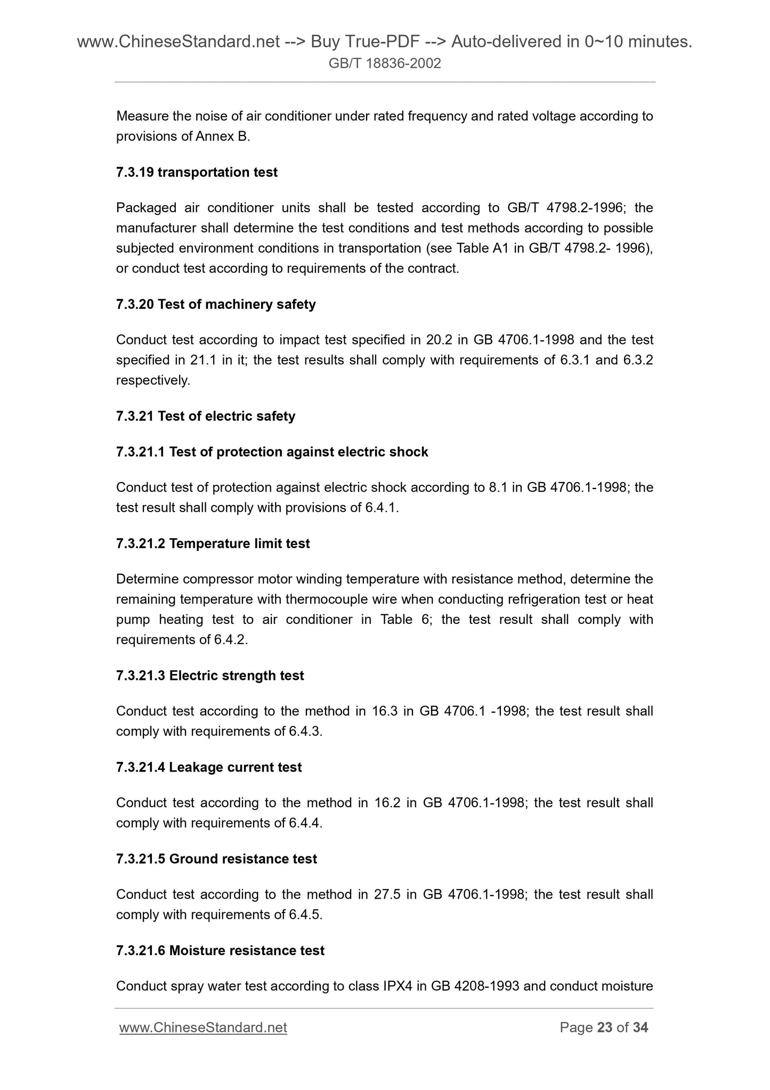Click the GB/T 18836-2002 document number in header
pyautogui.click(x=385, y=64)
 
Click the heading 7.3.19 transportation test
pyautogui.click(x=197, y=172)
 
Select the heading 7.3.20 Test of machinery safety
pyautogui.click(x=216, y=304)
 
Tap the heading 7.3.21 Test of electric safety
pyautogui.click(x=205, y=416)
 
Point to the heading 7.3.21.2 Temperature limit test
pyautogui.click(x=213, y=543)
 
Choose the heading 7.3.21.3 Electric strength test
pyautogui.click(x=210, y=676)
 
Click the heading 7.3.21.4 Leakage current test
pyautogui.click(x=209, y=767)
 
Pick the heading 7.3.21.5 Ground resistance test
pyautogui.click(x=216, y=859)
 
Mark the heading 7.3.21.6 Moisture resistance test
pyautogui.click(x=220, y=950)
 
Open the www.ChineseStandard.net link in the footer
pyautogui.click(x=203, y=1028)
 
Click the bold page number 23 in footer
pyautogui.click(x=605, y=1028)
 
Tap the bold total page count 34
pyautogui.click(x=641, y=1028)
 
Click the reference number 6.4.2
pyautogui.click(x=230, y=640)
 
